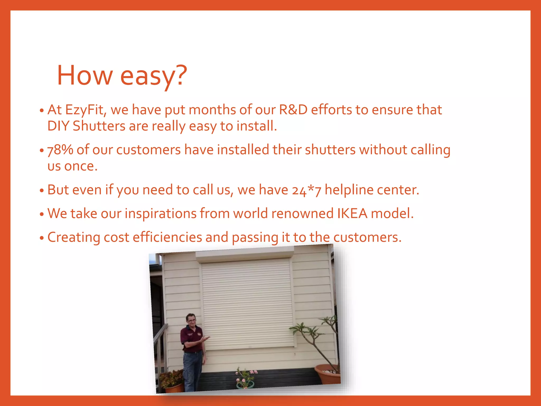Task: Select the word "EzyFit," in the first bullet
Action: click(x=86, y=110)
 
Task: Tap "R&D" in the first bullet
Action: click(x=293, y=110)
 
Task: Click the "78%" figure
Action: click(x=60, y=150)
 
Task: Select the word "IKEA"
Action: click(x=352, y=213)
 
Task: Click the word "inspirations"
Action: click(x=160, y=213)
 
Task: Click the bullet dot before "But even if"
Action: click(x=41, y=191)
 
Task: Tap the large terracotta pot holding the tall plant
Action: click(x=328, y=374)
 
